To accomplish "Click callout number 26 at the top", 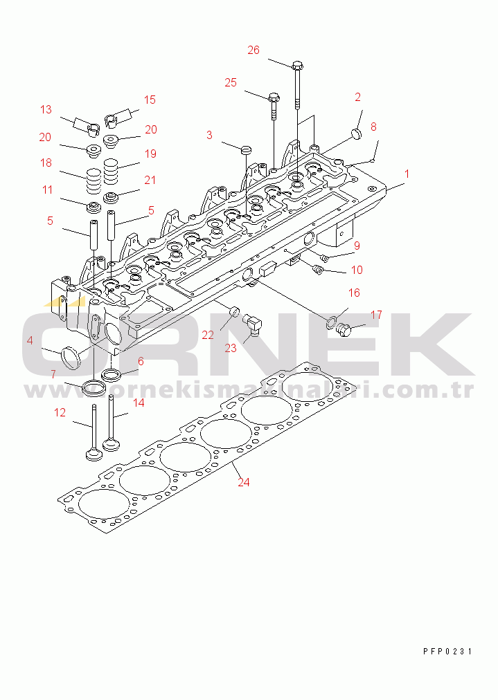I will (254, 50).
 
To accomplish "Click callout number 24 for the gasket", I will (243, 483).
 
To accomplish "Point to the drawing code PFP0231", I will (447, 652).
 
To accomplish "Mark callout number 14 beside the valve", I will (139, 402).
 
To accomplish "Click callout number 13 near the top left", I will (46, 109).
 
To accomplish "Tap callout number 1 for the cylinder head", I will (407, 174).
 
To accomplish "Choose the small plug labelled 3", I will (245, 149).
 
